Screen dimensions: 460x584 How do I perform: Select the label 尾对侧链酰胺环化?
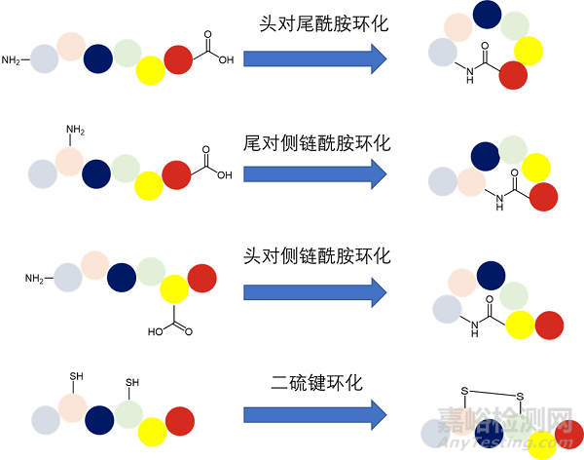315,142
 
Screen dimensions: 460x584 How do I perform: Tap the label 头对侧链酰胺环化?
315,255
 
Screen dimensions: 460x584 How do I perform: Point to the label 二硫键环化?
315,382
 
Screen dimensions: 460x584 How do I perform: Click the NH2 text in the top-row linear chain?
12,60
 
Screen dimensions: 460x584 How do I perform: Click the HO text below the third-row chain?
155,331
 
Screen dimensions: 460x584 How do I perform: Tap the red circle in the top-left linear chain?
178,60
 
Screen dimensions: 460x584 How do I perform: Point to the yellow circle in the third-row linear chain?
174,288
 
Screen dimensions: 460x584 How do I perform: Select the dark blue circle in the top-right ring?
487,15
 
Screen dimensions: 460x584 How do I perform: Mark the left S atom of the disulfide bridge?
465,392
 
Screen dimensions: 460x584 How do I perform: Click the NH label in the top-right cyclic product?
470,79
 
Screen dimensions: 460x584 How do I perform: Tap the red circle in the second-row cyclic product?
543,196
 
